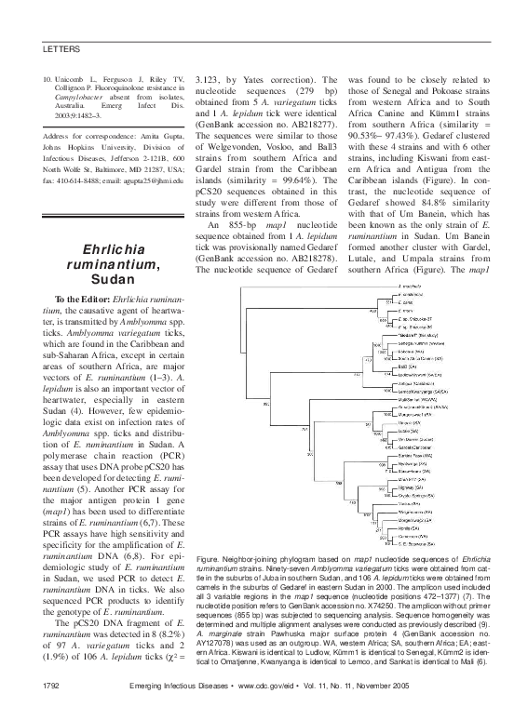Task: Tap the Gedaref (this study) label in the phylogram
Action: coord(418,336)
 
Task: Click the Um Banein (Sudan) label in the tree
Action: coord(419,438)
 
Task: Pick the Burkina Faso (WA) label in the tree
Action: coord(416,456)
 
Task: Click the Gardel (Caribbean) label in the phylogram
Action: coord(416,447)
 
